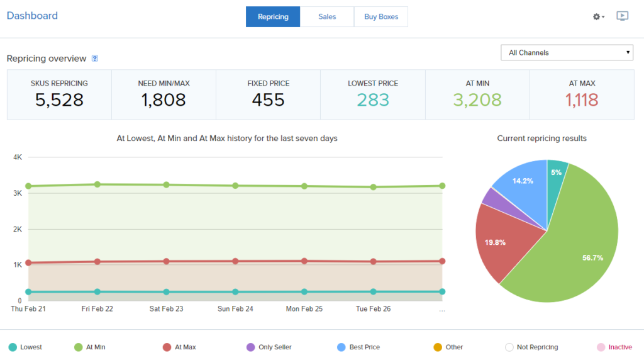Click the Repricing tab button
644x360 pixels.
pos(273,17)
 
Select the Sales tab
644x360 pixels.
pos(327,17)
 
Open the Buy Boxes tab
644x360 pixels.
pos(381,17)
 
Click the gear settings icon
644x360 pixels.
pos(597,16)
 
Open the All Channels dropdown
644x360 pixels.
pos(567,53)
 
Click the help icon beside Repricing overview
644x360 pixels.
pos(95,59)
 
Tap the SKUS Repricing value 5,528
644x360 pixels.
pos(59,100)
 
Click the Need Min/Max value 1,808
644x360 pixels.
pos(164,100)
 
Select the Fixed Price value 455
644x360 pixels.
pos(268,100)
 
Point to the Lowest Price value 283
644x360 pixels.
pos(373,100)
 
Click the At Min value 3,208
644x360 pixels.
pos(477,100)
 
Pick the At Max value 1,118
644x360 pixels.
pos(582,100)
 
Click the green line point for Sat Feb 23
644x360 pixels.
pos(166,185)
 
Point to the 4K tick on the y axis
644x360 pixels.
pos(18,157)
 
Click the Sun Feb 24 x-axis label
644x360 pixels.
pos(235,309)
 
